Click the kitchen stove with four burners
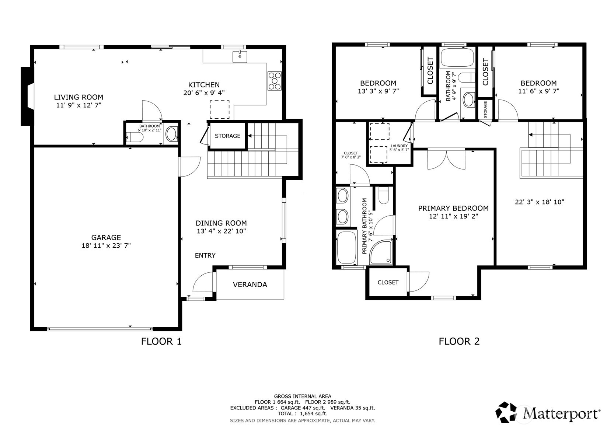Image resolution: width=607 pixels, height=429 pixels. [x=275, y=80]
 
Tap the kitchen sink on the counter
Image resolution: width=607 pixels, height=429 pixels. [x=240, y=56]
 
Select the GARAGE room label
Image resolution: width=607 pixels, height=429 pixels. [x=106, y=237]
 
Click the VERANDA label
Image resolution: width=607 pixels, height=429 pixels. [x=250, y=284]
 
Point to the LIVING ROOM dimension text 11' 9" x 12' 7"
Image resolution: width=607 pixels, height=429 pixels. [x=79, y=105]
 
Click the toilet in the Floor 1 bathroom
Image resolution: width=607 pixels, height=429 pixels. [x=135, y=137]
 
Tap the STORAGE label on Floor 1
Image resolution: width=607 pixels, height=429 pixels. [x=227, y=136]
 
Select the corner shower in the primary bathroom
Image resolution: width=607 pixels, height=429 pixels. [x=381, y=252]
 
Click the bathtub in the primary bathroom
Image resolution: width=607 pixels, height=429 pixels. [x=346, y=247]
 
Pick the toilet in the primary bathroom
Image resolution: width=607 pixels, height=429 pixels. [x=383, y=196]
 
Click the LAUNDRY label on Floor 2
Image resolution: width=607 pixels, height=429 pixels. [x=399, y=146]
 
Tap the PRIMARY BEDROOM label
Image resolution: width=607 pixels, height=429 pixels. [x=453, y=208]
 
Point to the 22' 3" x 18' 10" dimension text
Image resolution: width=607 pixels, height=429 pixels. [x=539, y=202]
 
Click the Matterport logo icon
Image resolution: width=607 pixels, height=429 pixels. [x=506, y=412]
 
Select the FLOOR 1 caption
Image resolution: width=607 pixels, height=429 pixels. [x=161, y=341]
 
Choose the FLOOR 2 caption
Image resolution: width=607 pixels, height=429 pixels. [x=459, y=341]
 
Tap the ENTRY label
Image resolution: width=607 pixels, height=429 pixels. [x=205, y=255]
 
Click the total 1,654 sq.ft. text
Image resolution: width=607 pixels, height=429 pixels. [x=314, y=414]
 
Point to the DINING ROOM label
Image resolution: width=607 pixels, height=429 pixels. [x=221, y=223]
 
